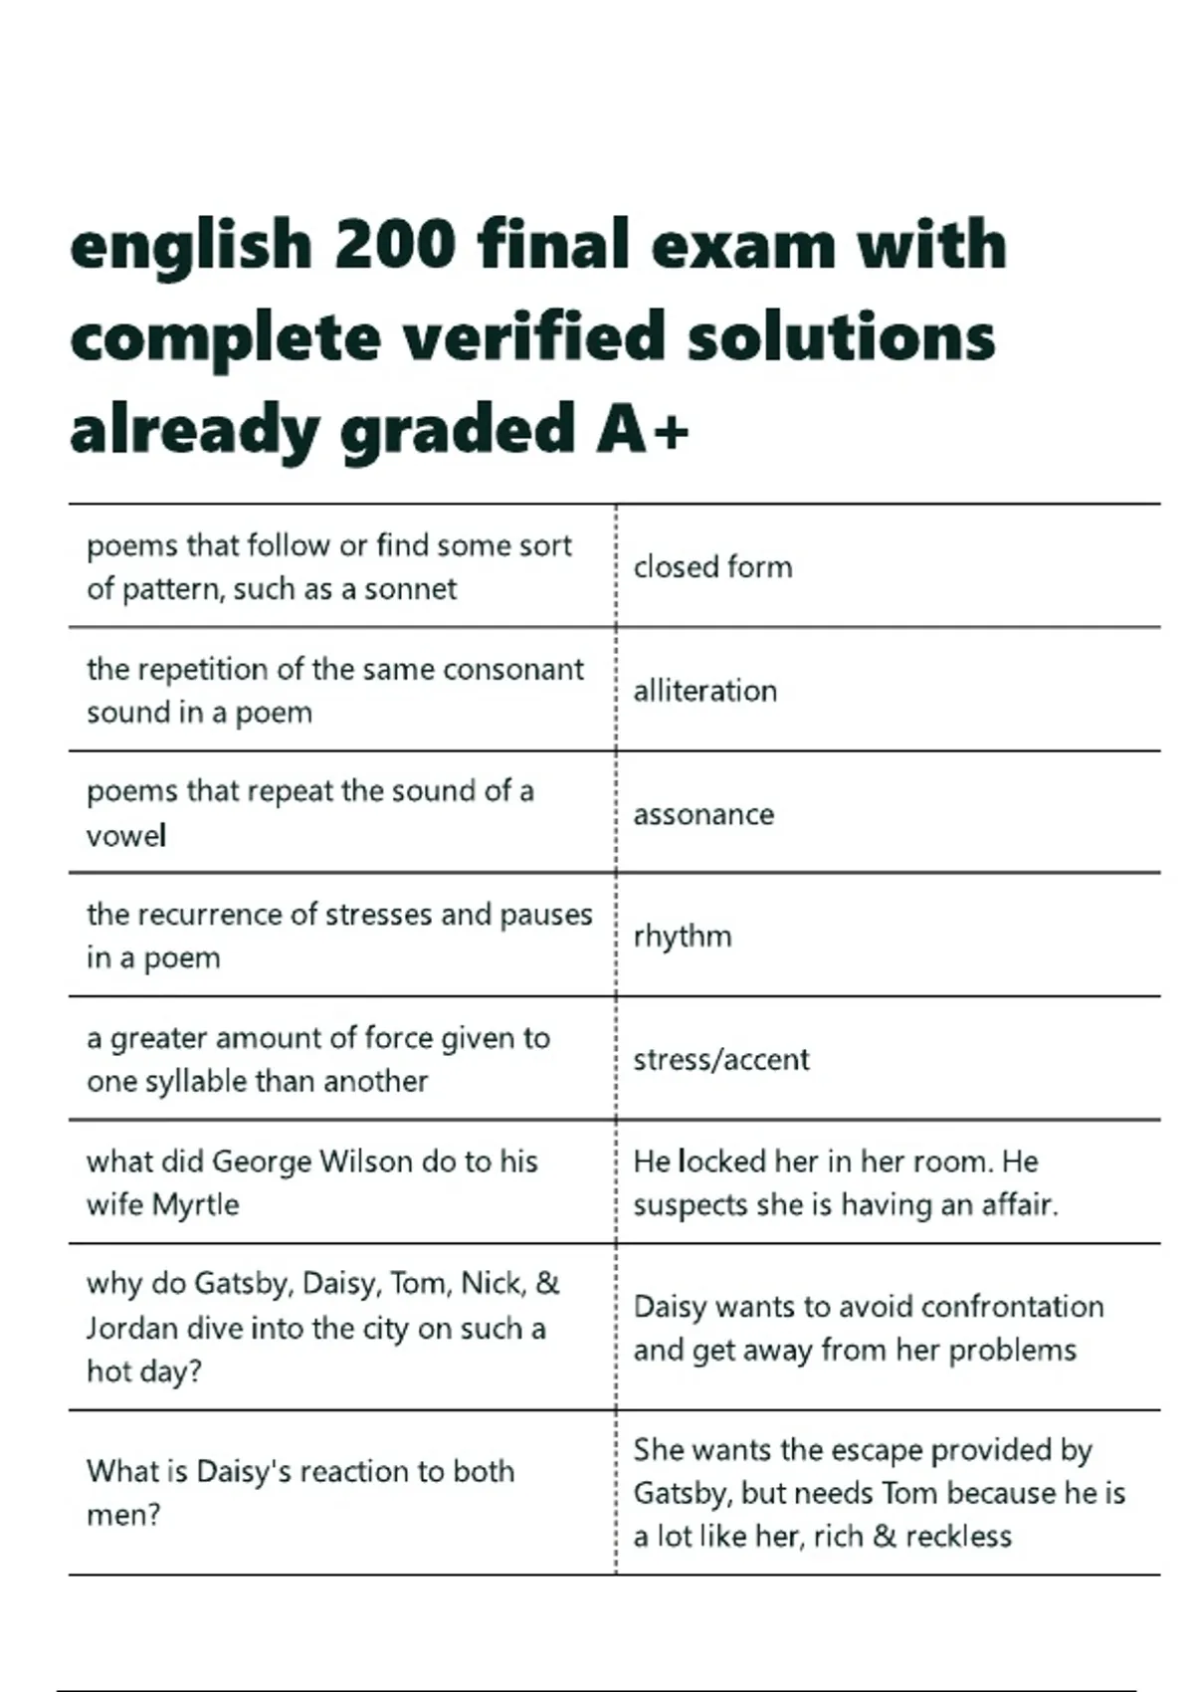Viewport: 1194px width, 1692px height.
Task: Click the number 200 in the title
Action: (394, 245)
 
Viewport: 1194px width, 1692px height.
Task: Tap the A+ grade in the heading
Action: (643, 430)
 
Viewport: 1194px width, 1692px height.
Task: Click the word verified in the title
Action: (533, 337)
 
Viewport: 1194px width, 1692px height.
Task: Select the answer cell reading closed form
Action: (712, 567)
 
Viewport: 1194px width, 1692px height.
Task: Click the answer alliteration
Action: (704, 691)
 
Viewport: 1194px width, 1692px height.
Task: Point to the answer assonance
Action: (703, 815)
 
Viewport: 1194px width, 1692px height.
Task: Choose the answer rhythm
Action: (683, 937)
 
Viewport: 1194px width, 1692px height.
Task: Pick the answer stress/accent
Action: (721, 1059)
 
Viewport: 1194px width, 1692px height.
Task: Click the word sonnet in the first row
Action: (410, 589)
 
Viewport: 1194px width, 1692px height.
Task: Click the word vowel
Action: (125, 836)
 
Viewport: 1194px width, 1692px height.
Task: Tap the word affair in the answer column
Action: (1019, 1205)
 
